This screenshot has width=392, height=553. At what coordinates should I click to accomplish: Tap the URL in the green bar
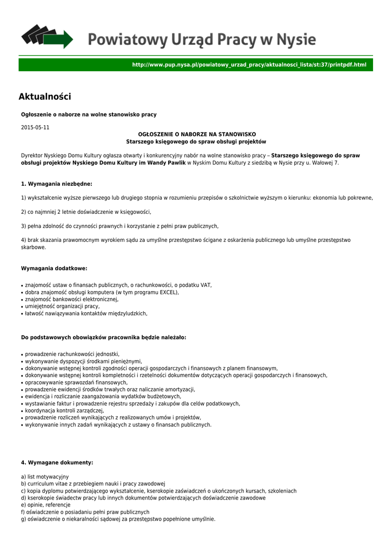pos(249,65)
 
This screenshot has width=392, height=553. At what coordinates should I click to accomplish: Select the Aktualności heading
pos(45,97)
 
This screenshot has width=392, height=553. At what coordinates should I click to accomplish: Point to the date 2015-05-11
pos(35,127)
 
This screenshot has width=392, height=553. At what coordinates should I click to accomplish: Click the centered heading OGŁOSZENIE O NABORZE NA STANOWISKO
pos(196,134)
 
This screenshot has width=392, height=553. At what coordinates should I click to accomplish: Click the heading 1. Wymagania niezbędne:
pos(57,184)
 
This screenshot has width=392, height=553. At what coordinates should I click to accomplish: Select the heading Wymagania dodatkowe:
pos(54,268)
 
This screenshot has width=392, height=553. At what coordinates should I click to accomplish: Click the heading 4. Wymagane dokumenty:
pos(57,463)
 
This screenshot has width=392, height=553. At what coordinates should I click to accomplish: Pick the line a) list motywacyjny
pos(45,477)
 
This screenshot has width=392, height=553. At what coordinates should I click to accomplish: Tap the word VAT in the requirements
pos(206,285)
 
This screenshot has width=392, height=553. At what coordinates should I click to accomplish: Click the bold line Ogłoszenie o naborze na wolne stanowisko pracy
pos(89,114)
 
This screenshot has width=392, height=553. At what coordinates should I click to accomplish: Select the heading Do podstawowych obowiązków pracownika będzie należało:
pos(103,338)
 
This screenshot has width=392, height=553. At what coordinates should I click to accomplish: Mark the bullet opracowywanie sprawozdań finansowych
pos(72,382)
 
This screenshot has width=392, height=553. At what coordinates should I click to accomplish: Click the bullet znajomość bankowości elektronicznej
pos(72,299)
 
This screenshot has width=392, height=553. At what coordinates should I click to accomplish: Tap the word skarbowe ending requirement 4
pos(34,247)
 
